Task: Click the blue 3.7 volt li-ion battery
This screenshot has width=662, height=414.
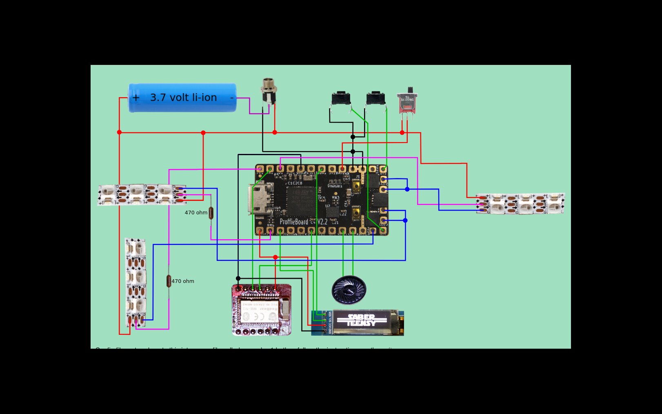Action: [x=182, y=98]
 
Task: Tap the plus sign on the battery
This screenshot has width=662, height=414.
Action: [x=136, y=98]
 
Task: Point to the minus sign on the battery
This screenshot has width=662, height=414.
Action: [x=232, y=98]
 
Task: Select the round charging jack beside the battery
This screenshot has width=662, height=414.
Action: [x=267, y=91]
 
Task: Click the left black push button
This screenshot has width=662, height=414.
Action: [x=341, y=99]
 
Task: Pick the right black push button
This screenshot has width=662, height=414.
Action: [x=375, y=99]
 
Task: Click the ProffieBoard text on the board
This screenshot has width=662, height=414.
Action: [x=294, y=222]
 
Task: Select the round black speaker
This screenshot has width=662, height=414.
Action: [x=349, y=290]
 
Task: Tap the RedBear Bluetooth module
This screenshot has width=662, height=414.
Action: [x=262, y=310]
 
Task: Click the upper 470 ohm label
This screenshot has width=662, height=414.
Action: [x=196, y=213]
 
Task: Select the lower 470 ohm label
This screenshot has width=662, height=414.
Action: [x=183, y=281]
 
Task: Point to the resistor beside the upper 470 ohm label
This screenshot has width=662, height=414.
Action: [x=211, y=213]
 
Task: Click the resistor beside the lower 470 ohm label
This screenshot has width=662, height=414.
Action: [x=169, y=281]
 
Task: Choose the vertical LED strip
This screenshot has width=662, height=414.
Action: [x=136, y=282]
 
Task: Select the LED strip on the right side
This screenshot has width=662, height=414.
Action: [x=520, y=203]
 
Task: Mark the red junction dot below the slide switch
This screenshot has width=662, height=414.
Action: [x=402, y=133]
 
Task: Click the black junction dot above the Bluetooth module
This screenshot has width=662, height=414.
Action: [x=238, y=278]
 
